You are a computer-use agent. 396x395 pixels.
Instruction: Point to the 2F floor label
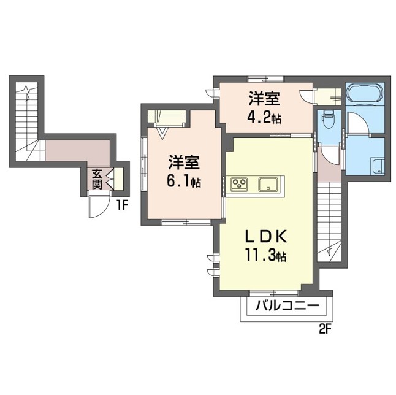coord(325,329)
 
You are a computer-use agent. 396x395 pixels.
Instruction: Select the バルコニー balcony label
coord(287,306)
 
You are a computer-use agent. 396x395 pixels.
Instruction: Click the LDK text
coord(266,237)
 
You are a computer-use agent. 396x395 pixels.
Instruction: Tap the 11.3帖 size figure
coord(265,256)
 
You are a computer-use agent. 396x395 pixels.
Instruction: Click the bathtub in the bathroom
coord(365,93)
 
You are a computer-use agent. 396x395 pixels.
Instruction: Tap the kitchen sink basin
coord(268,184)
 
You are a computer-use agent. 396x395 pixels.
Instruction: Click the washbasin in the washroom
coord(378,166)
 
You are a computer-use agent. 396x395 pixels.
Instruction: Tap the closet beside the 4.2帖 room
coord(328,96)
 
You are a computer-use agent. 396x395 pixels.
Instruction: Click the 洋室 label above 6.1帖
coord(184,162)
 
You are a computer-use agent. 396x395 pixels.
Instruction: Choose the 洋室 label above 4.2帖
coord(264,98)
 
